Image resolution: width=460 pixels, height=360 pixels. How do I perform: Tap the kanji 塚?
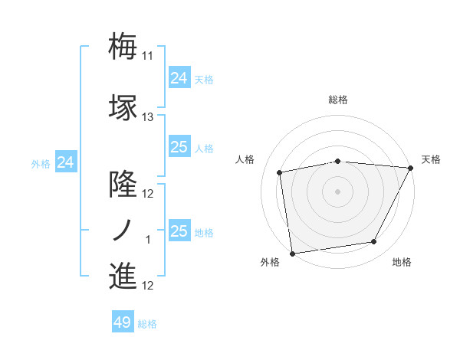click(x=123, y=107)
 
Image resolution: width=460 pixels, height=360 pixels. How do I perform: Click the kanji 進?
click(x=123, y=276)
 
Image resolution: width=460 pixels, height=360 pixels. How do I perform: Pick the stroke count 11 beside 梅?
click(x=148, y=56)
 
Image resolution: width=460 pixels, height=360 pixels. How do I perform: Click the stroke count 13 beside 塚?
click(x=148, y=117)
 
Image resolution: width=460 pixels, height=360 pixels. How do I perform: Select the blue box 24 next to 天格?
click(x=179, y=78)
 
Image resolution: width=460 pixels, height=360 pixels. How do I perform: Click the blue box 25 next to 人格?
click(x=179, y=147)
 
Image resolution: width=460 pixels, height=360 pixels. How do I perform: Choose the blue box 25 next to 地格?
click(x=179, y=231)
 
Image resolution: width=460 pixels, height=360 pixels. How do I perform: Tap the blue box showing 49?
click(x=122, y=322)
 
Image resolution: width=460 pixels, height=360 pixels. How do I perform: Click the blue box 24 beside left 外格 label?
click(x=66, y=162)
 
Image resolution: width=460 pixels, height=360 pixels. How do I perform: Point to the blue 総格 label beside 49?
click(x=147, y=324)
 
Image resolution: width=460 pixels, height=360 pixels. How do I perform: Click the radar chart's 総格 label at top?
click(x=338, y=100)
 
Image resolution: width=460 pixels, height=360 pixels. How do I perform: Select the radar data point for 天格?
click(x=410, y=168)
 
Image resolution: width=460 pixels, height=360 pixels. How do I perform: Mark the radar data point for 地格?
click(x=374, y=242)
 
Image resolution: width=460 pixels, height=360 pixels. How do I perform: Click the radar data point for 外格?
click(x=292, y=253)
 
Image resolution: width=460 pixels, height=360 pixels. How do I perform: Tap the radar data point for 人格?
click(x=280, y=172)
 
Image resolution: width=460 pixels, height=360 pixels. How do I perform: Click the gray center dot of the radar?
click(x=338, y=191)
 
